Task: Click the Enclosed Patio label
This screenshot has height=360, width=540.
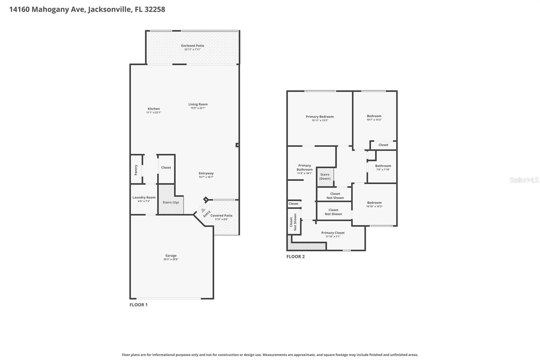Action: point(192,46)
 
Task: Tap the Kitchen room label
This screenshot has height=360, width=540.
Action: point(154,109)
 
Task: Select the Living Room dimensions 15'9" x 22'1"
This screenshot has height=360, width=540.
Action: point(198,108)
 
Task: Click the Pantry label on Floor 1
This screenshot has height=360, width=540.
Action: point(136,170)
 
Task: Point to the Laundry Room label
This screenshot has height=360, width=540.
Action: point(144,198)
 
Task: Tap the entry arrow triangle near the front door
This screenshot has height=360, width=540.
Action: point(203,210)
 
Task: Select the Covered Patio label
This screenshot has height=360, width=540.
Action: point(221,215)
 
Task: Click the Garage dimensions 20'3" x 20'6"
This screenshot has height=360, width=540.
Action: point(171,259)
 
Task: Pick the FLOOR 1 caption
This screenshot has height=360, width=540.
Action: point(138,305)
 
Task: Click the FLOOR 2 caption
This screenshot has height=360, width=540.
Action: point(295,256)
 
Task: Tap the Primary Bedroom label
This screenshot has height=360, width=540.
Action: point(320,117)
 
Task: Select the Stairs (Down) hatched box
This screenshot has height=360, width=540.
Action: point(325,177)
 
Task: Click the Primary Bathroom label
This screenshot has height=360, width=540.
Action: point(304,168)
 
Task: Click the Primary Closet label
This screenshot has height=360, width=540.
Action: point(333,233)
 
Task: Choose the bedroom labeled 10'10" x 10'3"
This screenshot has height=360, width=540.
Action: point(374,204)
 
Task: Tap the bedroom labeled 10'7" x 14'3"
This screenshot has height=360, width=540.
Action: point(374,118)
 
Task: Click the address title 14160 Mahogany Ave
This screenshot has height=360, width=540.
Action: point(87,9)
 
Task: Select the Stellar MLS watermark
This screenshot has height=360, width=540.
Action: point(524,180)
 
